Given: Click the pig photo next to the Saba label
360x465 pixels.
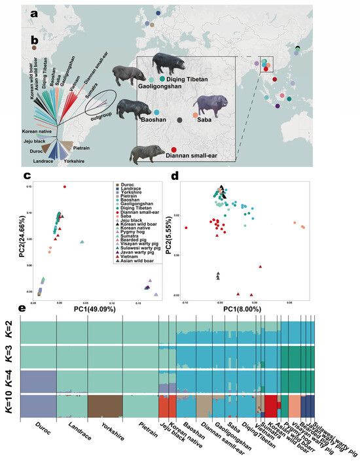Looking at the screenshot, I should pyautogui.click(x=209, y=105).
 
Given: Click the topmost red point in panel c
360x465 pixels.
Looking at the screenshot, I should pyautogui.click(x=64, y=186).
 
